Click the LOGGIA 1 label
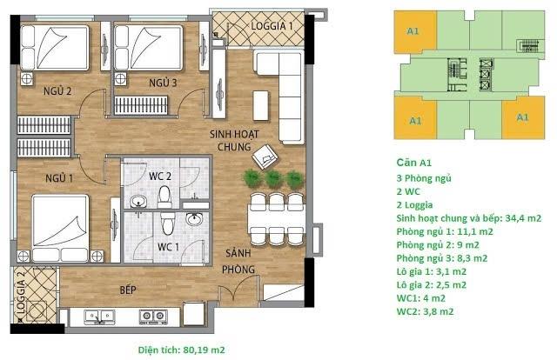272,26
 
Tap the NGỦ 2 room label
57,91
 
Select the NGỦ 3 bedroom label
163,83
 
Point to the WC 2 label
160,177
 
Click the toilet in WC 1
168,223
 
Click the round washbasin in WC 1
194,219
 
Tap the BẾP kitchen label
128,290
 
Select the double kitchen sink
99,317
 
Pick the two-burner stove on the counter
153,317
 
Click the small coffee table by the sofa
261,106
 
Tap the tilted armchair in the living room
265,157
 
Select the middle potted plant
274,178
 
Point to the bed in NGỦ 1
60,228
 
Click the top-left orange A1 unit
415,32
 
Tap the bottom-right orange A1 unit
523,118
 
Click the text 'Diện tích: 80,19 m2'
182,350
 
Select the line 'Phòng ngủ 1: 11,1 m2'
445,232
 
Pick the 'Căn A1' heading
414,163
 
